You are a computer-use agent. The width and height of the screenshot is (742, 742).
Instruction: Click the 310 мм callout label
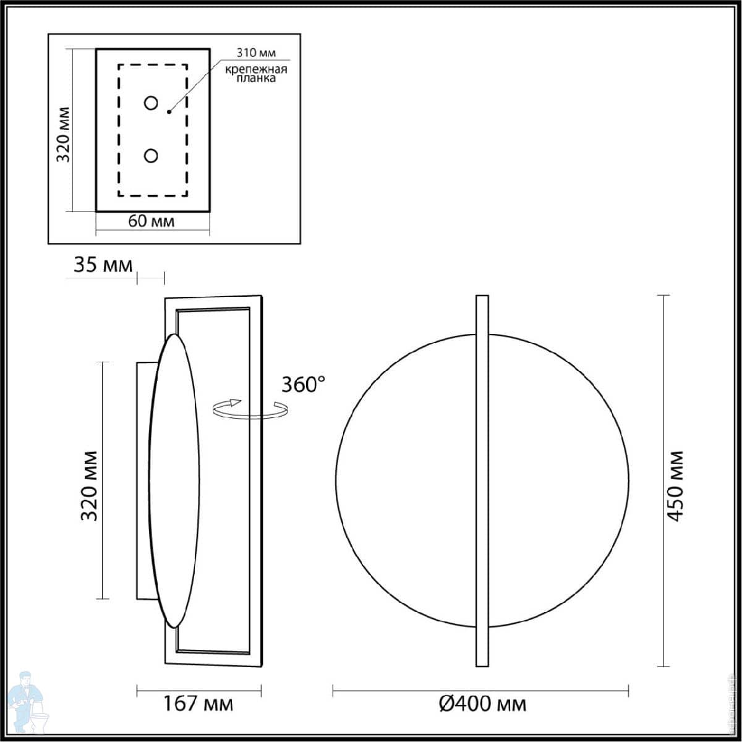click(256, 53)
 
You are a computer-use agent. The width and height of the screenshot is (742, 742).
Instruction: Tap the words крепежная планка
click(256, 74)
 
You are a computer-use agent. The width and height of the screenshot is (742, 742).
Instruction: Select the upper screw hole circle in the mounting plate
click(150, 103)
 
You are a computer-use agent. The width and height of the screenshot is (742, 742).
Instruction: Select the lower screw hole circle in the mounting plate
click(150, 156)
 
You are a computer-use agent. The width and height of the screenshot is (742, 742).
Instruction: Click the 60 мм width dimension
click(151, 221)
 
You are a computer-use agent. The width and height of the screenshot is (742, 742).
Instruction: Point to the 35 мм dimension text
click(103, 265)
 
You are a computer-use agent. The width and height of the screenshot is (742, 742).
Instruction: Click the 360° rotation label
click(303, 384)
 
